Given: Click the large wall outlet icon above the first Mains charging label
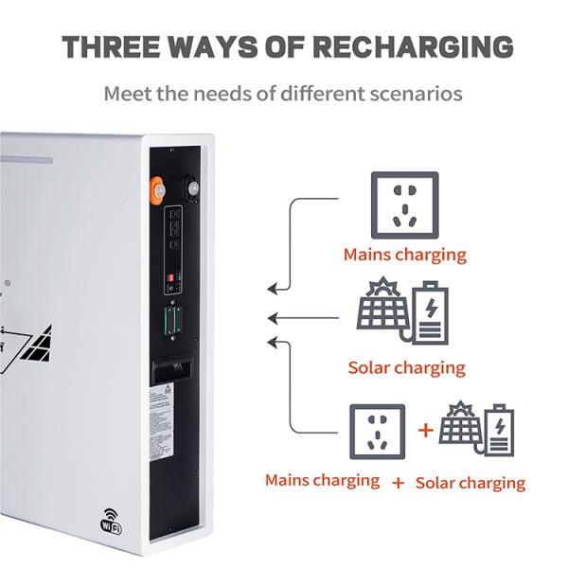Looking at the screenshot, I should point(404,204).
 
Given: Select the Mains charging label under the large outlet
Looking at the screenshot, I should point(404,254).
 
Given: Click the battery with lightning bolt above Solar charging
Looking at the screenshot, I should point(429,311).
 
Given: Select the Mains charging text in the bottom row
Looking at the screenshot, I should point(323,481).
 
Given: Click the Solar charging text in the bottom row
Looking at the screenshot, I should point(470,482).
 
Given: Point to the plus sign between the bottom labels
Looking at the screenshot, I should point(398,483).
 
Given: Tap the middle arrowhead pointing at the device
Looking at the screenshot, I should point(273,317).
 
